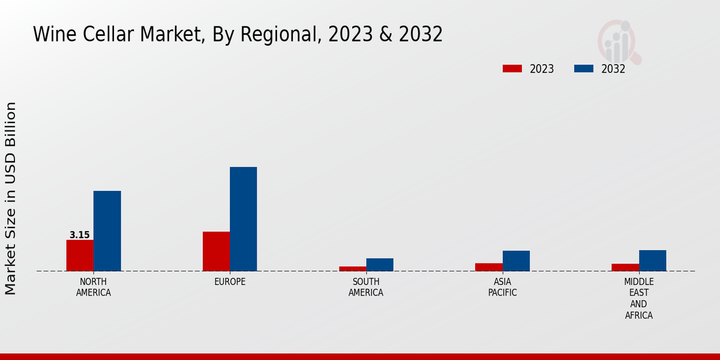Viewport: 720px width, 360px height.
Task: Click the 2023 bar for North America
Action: pyautogui.click(x=80, y=256)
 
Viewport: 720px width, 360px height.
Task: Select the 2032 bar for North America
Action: pyautogui.click(x=107, y=231)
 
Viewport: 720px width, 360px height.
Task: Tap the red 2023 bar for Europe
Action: pyautogui.click(x=216, y=251)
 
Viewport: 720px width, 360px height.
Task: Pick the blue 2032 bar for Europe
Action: pyautogui.click(x=244, y=219)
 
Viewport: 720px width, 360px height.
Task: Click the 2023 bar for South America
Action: pyautogui.click(x=353, y=269)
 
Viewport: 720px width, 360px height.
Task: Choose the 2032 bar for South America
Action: pyautogui.click(x=380, y=265)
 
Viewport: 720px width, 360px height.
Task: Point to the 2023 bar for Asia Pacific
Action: pyautogui.click(x=489, y=267)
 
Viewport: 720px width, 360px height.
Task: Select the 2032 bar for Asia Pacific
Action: pyautogui.click(x=516, y=261)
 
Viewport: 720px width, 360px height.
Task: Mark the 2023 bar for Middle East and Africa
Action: pyautogui.click(x=625, y=268)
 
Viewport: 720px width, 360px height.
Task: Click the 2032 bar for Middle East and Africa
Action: pyautogui.click(x=653, y=260)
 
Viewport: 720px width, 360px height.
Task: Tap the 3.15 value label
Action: pyautogui.click(x=80, y=235)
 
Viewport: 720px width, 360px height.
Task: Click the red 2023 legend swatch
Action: pyautogui.click(x=512, y=68)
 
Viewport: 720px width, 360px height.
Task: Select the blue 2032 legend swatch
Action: pyautogui.click(x=584, y=68)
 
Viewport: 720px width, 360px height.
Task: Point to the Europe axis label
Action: pyautogui.click(x=230, y=282)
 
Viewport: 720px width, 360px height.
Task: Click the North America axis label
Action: pyautogui.click(x=94, y=287)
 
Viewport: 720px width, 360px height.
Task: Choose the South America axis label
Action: pyautogui.click(x=366, y=287)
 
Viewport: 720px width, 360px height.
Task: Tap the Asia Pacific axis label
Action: pyautogui.click(x=503, y=287)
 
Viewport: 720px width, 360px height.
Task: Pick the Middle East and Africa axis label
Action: pyautogui.click(x=639, y=298)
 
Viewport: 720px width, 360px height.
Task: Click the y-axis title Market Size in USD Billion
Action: pyautogui.click(x=11, y=198)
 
